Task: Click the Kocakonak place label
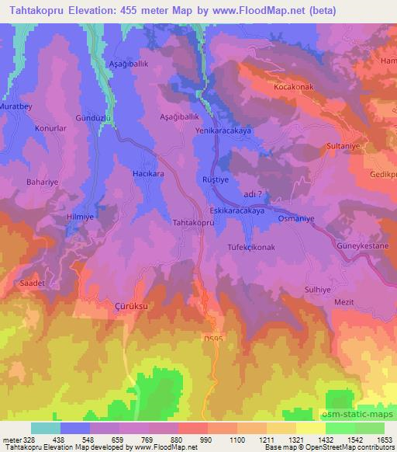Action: click(292, 88)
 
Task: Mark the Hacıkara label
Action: click(148, 174)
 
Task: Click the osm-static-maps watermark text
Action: click(357, 416)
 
